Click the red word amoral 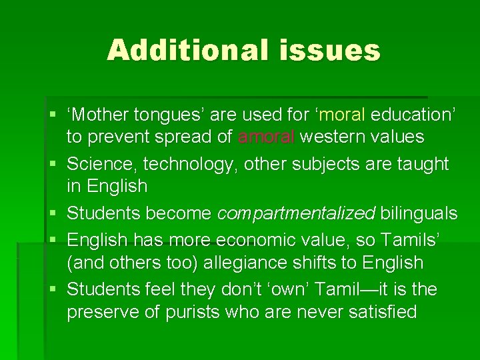(x=266, y=137)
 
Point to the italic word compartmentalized (x=297, y=213)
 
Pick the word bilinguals (x=419, y=213)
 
